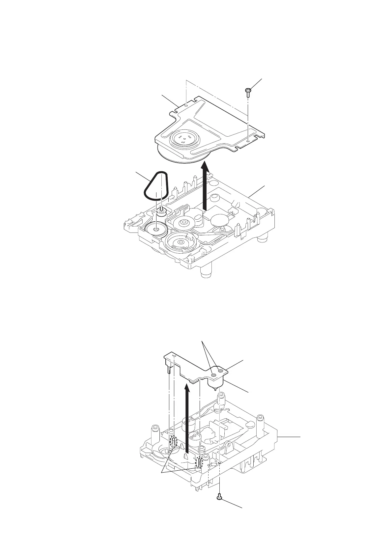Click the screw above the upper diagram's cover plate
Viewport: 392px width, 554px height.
point(247,91)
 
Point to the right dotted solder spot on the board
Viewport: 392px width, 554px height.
point(220,372)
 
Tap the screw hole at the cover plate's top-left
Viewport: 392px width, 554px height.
point(186,105)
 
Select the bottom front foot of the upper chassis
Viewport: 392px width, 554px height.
point(205,272)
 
